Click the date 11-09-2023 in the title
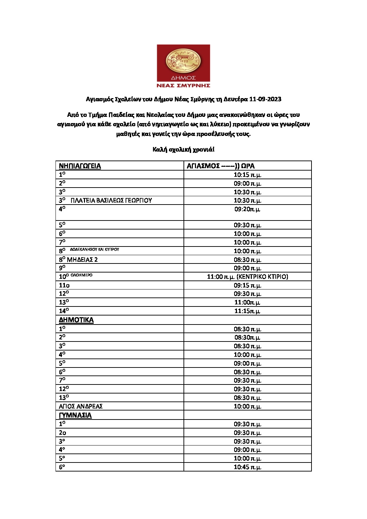point(265,99)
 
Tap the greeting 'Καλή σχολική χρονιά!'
point(183,149)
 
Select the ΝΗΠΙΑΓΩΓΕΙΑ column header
point(80,166)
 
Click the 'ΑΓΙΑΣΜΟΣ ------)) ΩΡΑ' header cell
point(221,166)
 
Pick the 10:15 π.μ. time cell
point(247,175)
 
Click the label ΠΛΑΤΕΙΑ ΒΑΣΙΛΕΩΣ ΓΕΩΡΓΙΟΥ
point(111,200)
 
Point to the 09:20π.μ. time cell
point(247,209)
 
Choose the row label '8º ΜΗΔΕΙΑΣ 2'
point(78,260)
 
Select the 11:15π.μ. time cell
point(247,311)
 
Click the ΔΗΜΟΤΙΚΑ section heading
point(76,320)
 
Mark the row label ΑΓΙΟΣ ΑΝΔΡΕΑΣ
point(81,406)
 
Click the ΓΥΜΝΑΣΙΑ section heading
point(75,415)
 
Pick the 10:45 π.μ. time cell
point(247,467)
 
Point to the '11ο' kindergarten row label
point(64,285)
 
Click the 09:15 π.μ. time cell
point(247,285)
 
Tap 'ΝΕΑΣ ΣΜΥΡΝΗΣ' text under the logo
point(183,85)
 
